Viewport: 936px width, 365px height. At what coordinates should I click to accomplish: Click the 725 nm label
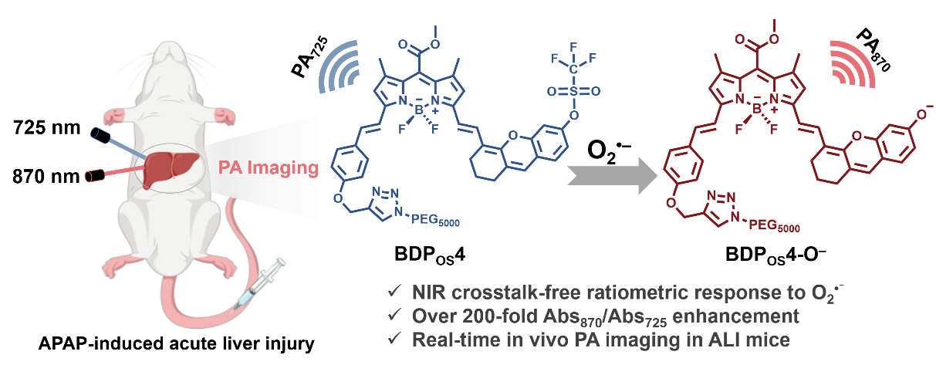[47, 127]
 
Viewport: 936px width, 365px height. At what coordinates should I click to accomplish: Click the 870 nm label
[46, 177]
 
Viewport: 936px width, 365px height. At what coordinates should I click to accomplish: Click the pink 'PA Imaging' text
[269, 167]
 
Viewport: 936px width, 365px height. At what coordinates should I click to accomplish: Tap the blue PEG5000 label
[435, 219]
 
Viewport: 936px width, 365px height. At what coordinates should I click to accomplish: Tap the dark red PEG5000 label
[774, 226]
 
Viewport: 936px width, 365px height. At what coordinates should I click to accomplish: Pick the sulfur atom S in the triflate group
[573, 91]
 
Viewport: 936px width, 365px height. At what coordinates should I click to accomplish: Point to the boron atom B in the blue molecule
[419, 110]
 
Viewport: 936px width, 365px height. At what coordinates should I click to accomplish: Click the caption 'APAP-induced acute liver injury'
[177, 343]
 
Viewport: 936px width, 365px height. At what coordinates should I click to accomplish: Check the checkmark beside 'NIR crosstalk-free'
[394, 291]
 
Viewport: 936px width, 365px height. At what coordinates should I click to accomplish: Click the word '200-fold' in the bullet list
[499, 316]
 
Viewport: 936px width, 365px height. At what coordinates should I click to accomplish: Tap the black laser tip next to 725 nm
[100, 135]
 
